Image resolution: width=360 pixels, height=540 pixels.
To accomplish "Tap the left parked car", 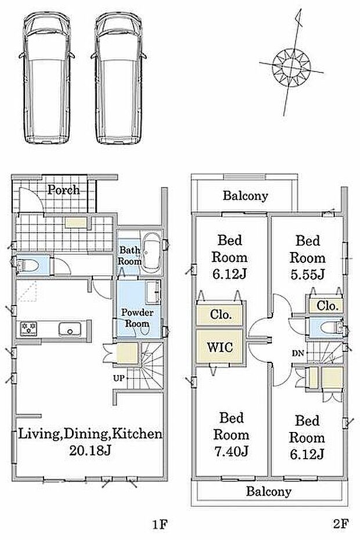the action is (x=47, y=78).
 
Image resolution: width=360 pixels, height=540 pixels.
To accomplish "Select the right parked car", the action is (x=119, y=78).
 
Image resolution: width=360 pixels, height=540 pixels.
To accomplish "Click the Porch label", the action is (x=63, y=190).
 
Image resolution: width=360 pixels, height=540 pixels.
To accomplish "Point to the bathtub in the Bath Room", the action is (x=151, y=252).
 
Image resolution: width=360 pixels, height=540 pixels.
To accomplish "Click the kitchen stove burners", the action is (x=28, y=329).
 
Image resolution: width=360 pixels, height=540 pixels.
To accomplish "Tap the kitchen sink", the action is (x=70, y=329).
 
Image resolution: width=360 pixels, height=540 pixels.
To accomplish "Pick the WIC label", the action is (x=220, y=347).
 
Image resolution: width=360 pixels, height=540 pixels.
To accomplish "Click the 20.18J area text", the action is (x=90, y=451).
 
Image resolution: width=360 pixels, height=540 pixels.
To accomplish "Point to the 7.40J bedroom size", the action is (x=231, y=451).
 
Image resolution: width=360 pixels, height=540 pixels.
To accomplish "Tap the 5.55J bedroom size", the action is (x=307, y=275).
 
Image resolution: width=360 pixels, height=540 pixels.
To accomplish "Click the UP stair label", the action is (x=118, y=378).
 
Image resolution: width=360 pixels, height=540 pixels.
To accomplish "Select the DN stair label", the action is (x=298, y=353).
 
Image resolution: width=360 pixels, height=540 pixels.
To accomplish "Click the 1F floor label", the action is (x=160, y=524).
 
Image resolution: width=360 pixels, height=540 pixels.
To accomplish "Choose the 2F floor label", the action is (x=341, y=524).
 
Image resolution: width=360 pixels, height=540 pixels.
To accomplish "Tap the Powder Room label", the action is (x=137, y=318).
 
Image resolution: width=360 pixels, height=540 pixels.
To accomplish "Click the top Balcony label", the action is (x=245, y=196).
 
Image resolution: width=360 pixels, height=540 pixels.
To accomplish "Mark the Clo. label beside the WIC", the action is (x=221, y=314).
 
